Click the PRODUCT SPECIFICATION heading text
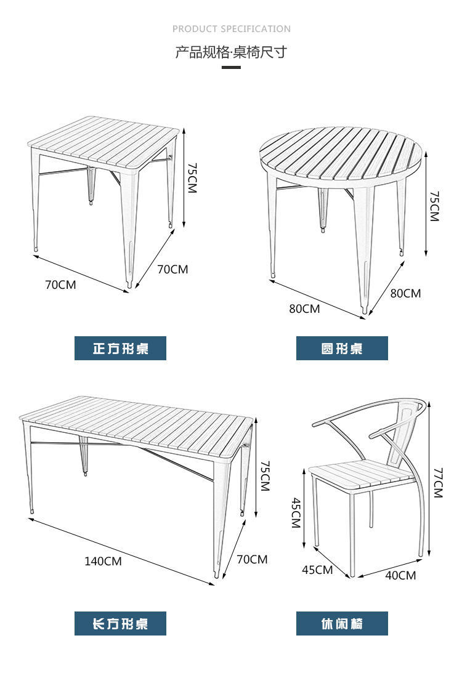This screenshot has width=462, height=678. pos(231,29)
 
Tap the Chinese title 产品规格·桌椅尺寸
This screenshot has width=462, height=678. pos(231,52)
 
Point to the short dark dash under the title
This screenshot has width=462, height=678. pos(231,67)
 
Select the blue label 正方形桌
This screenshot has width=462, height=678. pos(120,349)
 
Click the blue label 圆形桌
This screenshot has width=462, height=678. pos(342,349)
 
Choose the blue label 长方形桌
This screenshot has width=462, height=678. pos(120,623)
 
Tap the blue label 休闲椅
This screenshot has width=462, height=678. pos(342,623)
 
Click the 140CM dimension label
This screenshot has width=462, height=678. pos(103,561)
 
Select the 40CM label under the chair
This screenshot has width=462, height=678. pos(400,575)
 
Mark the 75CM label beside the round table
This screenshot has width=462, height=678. pos(434,206)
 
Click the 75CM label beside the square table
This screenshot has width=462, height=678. pos(192,179)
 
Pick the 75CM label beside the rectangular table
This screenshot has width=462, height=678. pos(265,475)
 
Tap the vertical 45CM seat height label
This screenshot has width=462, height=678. pos(295,512)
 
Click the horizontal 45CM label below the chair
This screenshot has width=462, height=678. pos(317,570)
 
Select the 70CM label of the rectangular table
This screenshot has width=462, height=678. pos(252,559)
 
